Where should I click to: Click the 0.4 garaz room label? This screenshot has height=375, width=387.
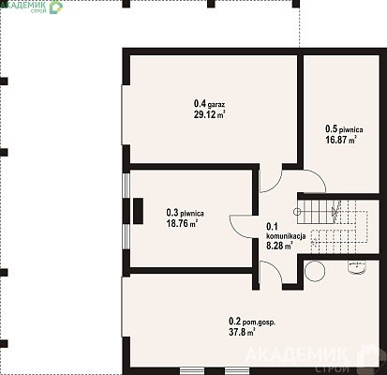coord(209,103)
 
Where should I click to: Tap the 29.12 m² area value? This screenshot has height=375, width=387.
coord(209,114)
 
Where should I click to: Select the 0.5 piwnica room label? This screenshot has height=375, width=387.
coord(344,128)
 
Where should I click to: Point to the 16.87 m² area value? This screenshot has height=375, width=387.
coord(341,140)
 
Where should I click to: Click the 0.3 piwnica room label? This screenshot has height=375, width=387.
coord(185,213)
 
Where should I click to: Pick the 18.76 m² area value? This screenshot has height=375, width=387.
coord(182,223)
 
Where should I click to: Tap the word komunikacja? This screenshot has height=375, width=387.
coord(286,236)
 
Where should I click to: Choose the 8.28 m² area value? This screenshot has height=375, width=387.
coord(279,246)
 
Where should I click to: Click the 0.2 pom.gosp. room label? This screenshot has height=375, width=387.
coord(252,322)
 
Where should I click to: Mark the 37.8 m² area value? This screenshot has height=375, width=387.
coord(242,332)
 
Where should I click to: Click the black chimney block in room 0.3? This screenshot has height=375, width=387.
coord(138,211)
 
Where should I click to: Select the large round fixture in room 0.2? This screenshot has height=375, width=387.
coord(314,271)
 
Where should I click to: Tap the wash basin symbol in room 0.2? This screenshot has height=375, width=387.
coord(357,267)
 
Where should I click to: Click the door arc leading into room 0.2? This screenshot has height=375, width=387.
coord(275,268)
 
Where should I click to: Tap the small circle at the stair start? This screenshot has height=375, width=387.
coord(297,212)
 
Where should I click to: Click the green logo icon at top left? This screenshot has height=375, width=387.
coord(56,7)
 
